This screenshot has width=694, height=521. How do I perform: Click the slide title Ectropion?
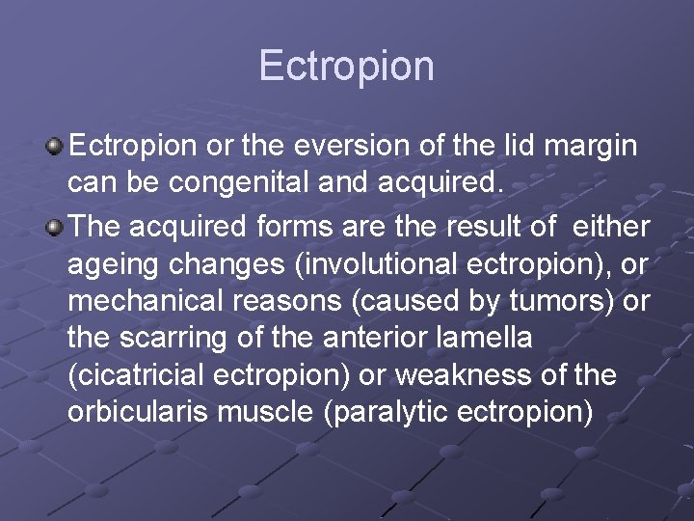tap(346, 66)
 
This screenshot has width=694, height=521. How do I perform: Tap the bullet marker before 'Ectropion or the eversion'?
tap(56, 146)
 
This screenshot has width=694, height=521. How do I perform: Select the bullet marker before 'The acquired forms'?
tap(56, 227)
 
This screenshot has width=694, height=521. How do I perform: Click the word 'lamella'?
tap(478, 337)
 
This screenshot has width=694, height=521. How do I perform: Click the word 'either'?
tap(611, 227)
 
